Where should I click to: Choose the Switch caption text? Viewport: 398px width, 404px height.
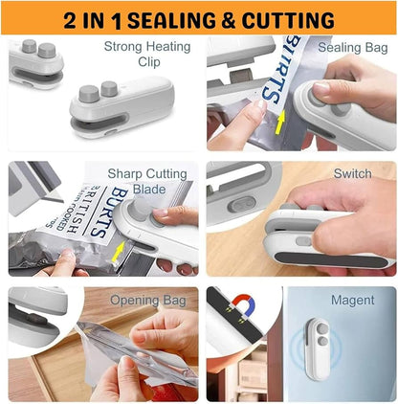tap(352, 174)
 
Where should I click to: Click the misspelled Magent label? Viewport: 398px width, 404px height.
tap(352, 301)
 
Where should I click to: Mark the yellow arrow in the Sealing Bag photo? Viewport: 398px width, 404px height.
tap(279, 121)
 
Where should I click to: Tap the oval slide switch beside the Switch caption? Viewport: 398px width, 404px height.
tap(244, 204)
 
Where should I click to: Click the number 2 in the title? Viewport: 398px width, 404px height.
tap(73, 19)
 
